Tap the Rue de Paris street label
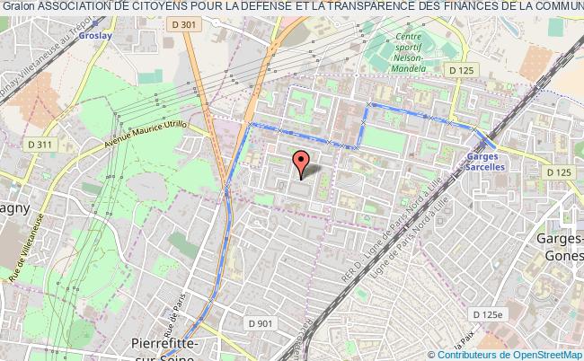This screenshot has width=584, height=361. (x=176, y=311)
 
